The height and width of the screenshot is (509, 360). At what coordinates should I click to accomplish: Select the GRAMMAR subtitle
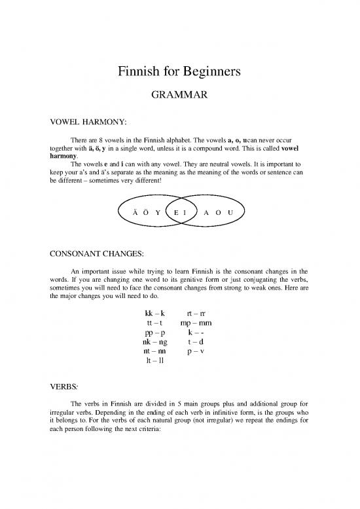180,96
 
